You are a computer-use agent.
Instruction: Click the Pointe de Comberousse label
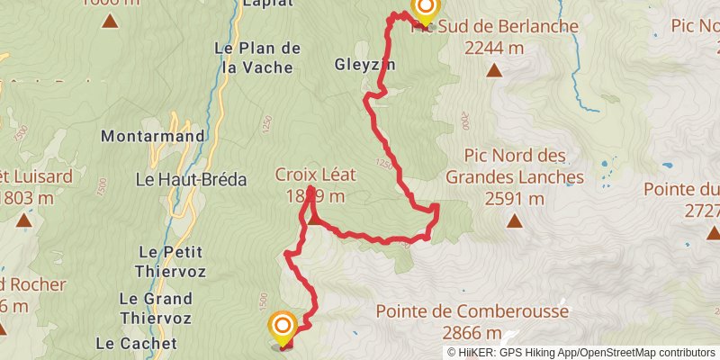472,312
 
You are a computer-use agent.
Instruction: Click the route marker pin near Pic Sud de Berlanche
425,12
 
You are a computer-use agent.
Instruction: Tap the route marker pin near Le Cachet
283,328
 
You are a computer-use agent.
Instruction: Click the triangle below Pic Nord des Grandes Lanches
515,220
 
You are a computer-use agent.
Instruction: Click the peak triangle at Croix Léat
314,217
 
